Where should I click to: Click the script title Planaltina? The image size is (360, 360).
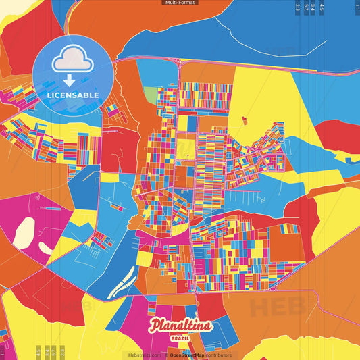click(x=181, y=326)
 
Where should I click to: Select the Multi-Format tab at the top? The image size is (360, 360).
click(x=180, y=3)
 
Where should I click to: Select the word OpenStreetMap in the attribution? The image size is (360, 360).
click(x=187, y=355)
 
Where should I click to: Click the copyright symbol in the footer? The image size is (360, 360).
click(x=165, y=355)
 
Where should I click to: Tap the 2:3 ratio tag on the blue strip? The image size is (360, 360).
click(x=298, y=8)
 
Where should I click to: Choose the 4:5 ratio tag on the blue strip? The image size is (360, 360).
click(x=322, y=8)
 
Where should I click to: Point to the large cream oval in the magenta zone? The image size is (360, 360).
click(x=24, y=232)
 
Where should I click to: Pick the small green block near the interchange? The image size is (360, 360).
click(x=150, y=95)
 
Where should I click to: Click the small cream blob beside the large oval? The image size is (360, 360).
click(x=45, y=249)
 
